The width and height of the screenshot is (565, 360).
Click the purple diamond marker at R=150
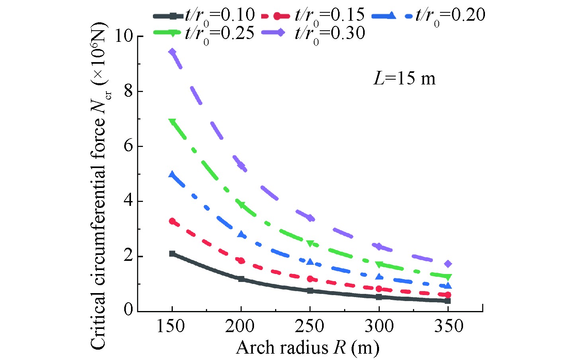click(172, 52)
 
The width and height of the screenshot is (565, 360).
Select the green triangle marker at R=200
click(241, 205)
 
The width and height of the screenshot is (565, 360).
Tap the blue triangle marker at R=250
click(310, 262)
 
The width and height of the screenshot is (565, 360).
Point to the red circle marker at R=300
click(379, 289)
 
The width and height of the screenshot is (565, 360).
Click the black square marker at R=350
click(448, 301)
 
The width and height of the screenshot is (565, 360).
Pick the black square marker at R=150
click(172, 253)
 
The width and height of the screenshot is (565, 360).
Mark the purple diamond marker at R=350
click(448, 264)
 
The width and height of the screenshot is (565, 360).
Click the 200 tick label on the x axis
click(240, 326)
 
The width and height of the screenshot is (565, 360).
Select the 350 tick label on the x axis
click(448, 326)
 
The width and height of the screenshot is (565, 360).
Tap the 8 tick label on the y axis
click(128, 91)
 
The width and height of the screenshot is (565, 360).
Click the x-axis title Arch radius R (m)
click(307, 348)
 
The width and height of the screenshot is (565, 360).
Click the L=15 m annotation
click(404, 78)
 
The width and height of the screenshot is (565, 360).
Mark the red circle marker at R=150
click(172, 221)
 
